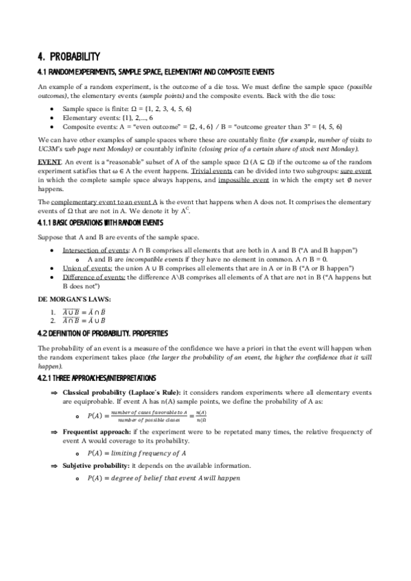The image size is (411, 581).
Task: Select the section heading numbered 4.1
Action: pos(156,72)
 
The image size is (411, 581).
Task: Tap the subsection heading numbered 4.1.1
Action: pos(100,223)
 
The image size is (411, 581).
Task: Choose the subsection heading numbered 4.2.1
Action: pos(97,378)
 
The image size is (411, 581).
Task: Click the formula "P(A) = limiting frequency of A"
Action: pos(137,453)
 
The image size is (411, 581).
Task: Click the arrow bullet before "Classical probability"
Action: pos(54,391)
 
